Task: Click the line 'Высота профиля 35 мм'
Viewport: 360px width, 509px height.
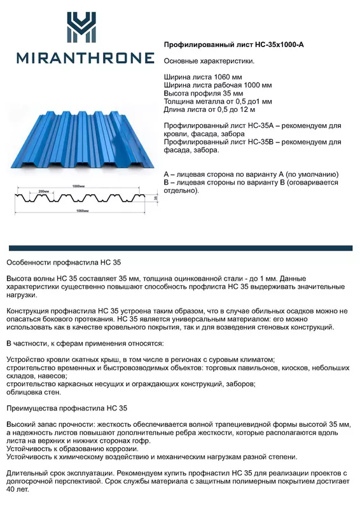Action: click(x=203, y=93)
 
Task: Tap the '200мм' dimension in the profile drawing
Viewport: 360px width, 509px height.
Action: click(x=43, y=191)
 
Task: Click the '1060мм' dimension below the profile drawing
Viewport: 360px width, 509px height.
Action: click(x=81, y=210)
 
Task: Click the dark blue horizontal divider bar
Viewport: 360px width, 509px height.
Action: click(x=180, y=248)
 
